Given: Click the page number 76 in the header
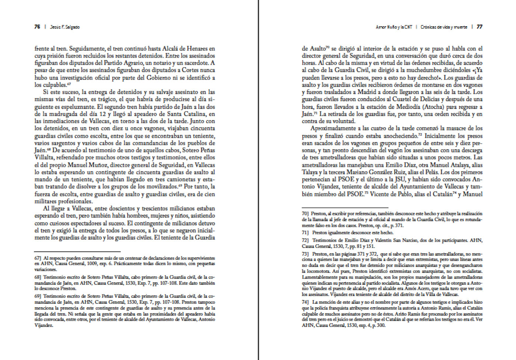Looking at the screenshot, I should point(37,27).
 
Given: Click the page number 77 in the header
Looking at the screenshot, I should point(480,27).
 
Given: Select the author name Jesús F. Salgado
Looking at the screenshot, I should point(64,27).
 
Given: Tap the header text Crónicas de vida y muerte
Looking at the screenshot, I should point(444,27).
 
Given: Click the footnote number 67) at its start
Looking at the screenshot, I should point(38,258).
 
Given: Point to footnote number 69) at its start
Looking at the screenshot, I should point(38,296).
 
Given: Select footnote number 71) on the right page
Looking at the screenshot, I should point(305,233).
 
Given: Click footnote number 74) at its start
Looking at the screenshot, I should point(305,302).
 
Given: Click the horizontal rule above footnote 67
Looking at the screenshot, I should point(78,252).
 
